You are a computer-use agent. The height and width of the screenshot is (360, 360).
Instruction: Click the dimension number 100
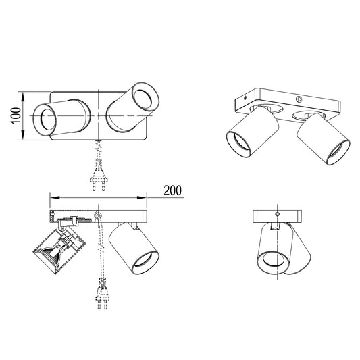[16, 115]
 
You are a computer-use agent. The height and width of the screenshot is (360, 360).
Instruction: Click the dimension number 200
[172, 190]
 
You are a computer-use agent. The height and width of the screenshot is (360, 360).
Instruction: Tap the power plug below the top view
[99, 177]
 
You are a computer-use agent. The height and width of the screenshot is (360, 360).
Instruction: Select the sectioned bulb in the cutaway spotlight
[53, 252]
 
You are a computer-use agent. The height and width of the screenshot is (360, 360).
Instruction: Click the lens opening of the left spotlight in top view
[48, 120]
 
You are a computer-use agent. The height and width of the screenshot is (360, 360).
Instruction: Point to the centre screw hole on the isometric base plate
[299, 99]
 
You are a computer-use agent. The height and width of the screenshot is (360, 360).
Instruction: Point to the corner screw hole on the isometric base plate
[245, 98]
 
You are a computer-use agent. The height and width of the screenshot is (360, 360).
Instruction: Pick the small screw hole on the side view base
[277, 214]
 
